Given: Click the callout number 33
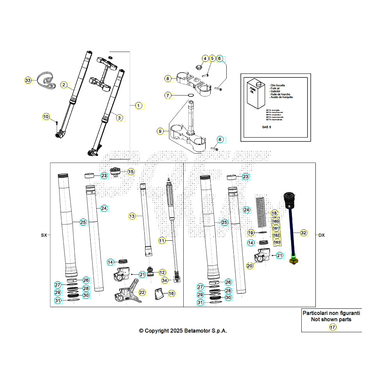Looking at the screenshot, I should coord(28,81).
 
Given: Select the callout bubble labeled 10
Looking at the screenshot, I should coord(46,116).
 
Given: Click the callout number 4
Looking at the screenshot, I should coord(205,59).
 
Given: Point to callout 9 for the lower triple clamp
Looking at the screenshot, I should coord(160,132).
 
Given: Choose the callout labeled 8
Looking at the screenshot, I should coord(168,79).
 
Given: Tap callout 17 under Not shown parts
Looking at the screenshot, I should coord(333,328).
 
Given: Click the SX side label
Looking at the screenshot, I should coord(43,235).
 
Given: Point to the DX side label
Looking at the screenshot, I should coord(321,235).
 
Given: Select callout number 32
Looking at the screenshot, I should coord(303,233).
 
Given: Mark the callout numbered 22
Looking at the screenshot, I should coord(142,292).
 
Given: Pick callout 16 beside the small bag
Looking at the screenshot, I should coord(171,293).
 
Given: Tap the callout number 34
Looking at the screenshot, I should coord(165,280).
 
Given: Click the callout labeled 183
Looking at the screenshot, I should coord(277,242).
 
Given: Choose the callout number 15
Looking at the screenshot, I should coord(131,171).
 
